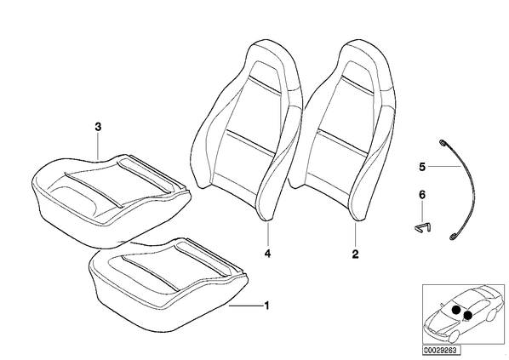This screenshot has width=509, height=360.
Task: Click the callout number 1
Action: pos(266,306)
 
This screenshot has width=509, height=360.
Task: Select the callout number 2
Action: pos(356,254)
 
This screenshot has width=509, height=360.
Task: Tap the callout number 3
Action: pos(98,127)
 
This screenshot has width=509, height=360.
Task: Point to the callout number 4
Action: pos(267,254)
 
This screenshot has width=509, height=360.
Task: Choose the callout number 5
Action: pos(422,167)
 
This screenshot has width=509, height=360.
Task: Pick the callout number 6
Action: pos(422,195)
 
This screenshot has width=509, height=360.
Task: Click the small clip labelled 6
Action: pos(423,227)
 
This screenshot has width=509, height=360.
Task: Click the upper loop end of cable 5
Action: pos(442,142)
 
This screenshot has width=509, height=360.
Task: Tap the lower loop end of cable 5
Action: pos(452,237)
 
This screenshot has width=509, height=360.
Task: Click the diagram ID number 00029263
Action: pos(441,351)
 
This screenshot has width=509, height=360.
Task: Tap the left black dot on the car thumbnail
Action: pos(456,310)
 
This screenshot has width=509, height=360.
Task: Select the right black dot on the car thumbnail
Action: pos(468,315)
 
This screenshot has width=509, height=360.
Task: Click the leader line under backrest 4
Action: pos(268,234)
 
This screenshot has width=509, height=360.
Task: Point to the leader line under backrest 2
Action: pos(356,234)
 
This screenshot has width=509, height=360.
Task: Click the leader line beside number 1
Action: pos(246,306)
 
